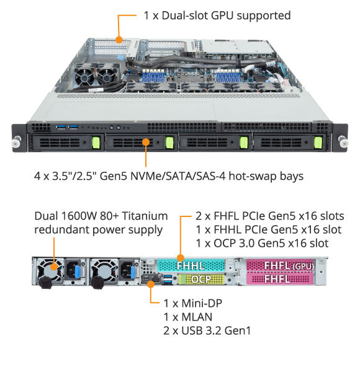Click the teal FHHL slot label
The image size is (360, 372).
click(191, 265)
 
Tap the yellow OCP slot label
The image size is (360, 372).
click(201, 279)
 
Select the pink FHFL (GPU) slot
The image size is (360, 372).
click(280, 265)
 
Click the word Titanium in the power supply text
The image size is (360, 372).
click(145, 216)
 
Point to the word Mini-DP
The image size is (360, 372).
click(202, 303)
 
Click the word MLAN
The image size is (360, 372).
click(197, 317)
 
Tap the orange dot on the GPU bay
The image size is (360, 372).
click(119, 40)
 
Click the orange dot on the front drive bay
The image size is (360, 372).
click(146, 142)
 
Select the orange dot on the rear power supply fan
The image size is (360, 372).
click(54, 267)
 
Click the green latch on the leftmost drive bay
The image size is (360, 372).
click(96, 143)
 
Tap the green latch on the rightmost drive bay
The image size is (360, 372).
click(318, 143)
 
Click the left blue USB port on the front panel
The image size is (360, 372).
click(61, 127)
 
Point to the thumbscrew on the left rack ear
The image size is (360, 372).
click(16, 142)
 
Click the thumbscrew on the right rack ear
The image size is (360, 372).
click(343, 142)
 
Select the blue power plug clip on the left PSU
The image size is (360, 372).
click(77, 272)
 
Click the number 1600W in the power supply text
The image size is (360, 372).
click(79, 216)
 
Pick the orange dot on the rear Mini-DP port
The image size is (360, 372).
click(151, 284)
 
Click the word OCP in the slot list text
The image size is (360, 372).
click(225, 243)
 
